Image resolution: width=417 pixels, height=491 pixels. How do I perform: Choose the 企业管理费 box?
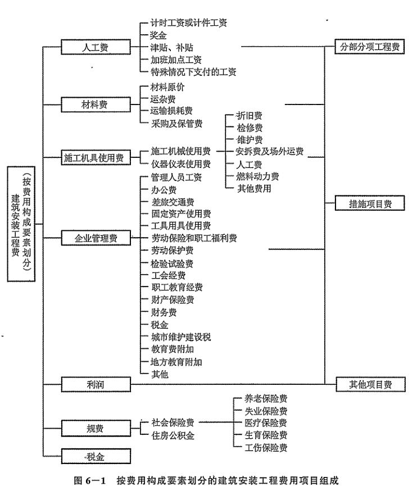pos(96,238)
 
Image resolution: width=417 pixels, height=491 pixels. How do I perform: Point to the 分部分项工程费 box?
pos(369,47)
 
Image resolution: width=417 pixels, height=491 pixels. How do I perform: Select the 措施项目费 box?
pos(369,204)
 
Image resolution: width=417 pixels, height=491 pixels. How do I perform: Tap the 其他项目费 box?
pos(369,384)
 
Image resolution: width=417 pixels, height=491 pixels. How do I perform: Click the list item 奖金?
pos(158,35)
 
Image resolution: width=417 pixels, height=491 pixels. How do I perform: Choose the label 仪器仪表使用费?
pos(180,164)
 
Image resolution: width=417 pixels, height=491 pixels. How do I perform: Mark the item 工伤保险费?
pos(267,448)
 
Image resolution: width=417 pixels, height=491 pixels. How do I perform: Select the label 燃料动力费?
pos(257,176)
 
